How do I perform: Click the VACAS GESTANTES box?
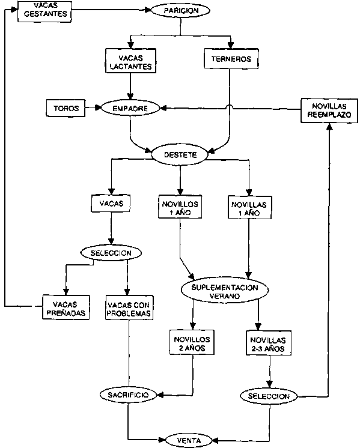click(x=44, y=11)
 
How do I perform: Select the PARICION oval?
click(x=180, y=11)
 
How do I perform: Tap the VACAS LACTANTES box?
click(x=130, y=61)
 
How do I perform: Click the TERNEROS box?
click(x=231, y=59)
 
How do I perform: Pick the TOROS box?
click(x=66, y=108)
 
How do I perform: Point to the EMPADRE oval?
click(x=130, y=109)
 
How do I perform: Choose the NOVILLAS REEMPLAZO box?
click(x=329, y=110)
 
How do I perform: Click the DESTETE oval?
click(x=180, y=155)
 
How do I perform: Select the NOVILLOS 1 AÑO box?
click(x=180, y=207)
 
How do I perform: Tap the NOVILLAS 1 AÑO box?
click(x=249, y=207)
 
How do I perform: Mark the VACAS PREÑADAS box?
click(x=66, y=307)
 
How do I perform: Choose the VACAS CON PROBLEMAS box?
click(x=129, y=307)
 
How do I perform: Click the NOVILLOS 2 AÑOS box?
click(x=192, y=342)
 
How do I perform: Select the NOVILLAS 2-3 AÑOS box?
click(x=269, y=343)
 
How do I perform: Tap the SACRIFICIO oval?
click(x=129, y=395)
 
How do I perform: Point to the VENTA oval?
click(x=189, y=440)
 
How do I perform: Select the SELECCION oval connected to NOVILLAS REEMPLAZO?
click(x=269, y=396)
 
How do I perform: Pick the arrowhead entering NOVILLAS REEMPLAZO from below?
click(x=329, y=126)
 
